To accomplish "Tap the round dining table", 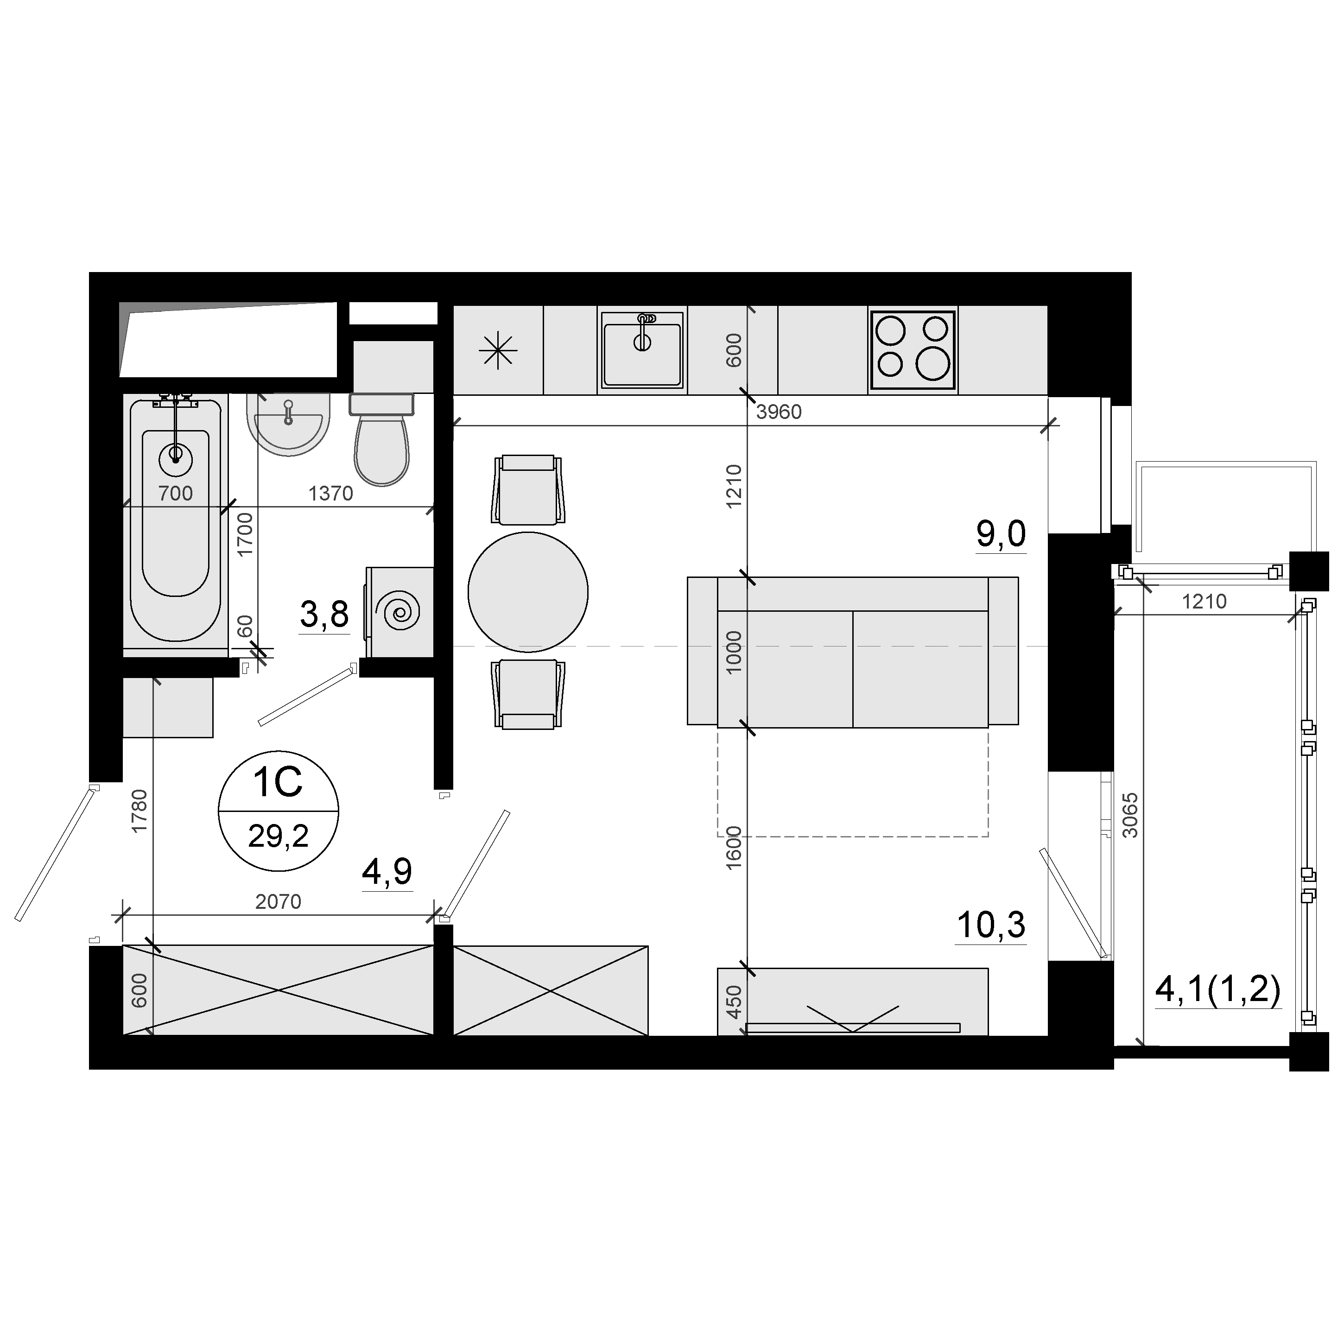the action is point(528,592).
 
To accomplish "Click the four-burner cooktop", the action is point(913,350).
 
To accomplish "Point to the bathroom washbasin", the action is point(288,425).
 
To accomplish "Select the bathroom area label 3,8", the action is point(324,615).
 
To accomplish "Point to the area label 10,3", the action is point(991,925).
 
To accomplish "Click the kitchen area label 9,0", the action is point(1001,534).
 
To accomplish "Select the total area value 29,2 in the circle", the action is point(278,836).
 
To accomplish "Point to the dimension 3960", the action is point(779,412).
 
